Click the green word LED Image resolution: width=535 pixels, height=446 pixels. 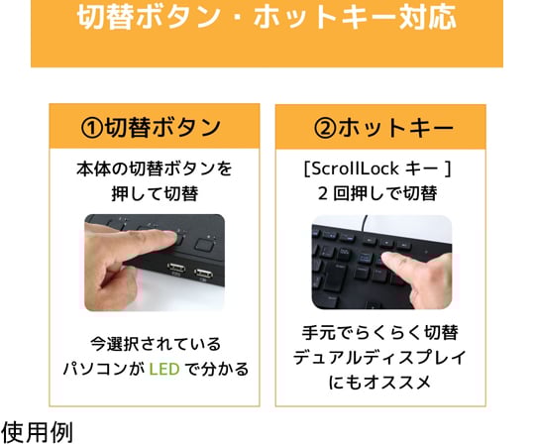click(164, 370)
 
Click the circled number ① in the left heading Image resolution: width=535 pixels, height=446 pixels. click(91, 128)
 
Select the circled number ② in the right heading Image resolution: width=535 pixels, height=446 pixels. click(325, 128)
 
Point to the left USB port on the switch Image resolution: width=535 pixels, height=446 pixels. click(176, 268)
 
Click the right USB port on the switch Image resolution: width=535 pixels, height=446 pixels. click(204, 274)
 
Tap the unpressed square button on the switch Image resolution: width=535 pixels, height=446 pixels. click(204, 245)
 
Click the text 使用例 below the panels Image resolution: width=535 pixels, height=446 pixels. click(37, 432)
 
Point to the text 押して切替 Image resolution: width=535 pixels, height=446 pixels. click(155, 194)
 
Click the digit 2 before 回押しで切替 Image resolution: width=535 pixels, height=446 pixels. click(322, 194)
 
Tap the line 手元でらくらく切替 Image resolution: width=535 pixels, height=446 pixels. click(380, 333)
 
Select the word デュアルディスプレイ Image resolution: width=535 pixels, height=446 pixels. click(380, 358)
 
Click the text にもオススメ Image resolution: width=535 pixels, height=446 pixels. click(380, 383)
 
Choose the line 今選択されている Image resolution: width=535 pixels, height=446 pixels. click(156, 344)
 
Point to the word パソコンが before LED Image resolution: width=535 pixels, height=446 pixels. click(104, 370)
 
